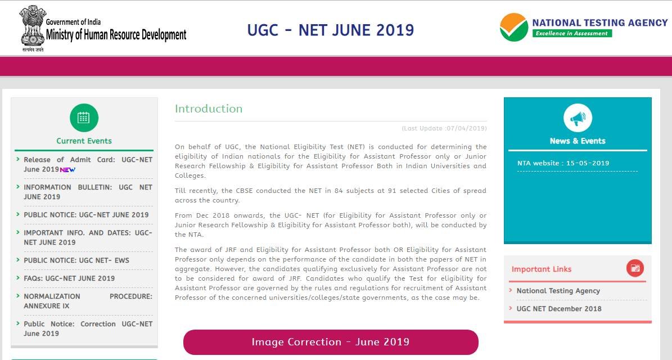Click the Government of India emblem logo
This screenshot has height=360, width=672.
[32, 28]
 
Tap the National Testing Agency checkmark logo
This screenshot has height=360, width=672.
[514, 27]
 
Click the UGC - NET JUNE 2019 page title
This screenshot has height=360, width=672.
[331, 30]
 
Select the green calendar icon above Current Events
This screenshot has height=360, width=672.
[84, 118]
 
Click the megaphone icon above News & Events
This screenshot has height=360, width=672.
[578, 118]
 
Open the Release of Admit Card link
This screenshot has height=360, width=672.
[88, 164]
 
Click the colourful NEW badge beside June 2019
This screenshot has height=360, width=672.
[67, 170]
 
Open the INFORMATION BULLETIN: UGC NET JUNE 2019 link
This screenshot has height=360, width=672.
[88, 192]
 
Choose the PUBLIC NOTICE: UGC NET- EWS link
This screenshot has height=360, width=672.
[76, 260]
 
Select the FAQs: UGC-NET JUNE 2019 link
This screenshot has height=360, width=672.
[69, 278]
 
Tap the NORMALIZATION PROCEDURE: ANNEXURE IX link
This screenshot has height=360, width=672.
[88, 301]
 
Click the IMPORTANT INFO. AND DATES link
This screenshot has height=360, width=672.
[88, 237]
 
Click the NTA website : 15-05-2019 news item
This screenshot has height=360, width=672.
[563, 163]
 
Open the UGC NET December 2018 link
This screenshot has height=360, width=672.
[559, 309]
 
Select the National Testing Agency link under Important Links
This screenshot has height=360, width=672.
[558, 291]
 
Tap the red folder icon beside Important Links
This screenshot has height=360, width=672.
[635, 268]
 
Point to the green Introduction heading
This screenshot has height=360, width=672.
[209, 109]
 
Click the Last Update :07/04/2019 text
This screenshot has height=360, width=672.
[444, 128]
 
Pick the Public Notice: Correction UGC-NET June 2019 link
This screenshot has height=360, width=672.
[88, 328]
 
